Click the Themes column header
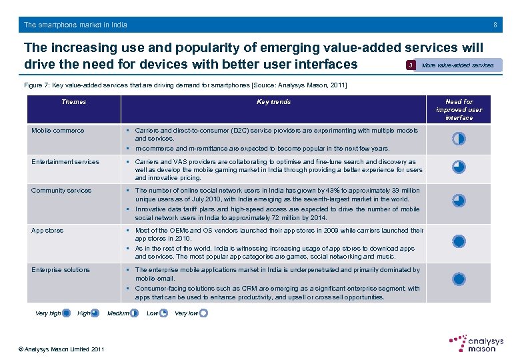[x=73, y=102]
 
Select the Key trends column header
[x=274, y=102]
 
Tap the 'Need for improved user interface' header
[x=459, y=110]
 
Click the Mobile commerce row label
[x=58, y=131]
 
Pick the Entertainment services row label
[x=65, y=162]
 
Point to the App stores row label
[x=47, y=231]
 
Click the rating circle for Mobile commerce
[x=458, y=139]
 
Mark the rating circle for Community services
[x=458, y=201]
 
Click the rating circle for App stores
[x=458, y=241]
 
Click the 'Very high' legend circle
[x=66, y=313]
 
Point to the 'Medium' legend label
[x=118, y=313]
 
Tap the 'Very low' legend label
[x=186, y=313]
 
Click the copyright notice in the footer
[x=61, y=349]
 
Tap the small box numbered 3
[x=411, y=65]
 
